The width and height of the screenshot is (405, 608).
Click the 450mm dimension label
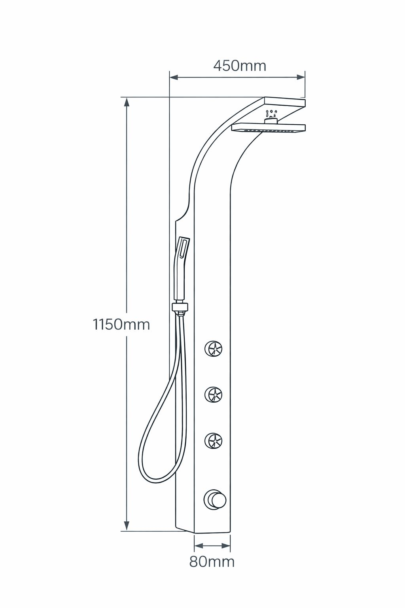(240, 66)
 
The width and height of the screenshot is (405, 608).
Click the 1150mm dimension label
(121, 324)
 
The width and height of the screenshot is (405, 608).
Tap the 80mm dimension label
(212, 561)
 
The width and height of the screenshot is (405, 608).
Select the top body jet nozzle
(213, 348)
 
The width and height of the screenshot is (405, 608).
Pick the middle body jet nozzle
(213, 394)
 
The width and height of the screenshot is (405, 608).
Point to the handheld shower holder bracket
(180, 307)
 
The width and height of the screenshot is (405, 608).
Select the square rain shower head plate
(269, 128)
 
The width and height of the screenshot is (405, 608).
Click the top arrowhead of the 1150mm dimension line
(127, 102)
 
